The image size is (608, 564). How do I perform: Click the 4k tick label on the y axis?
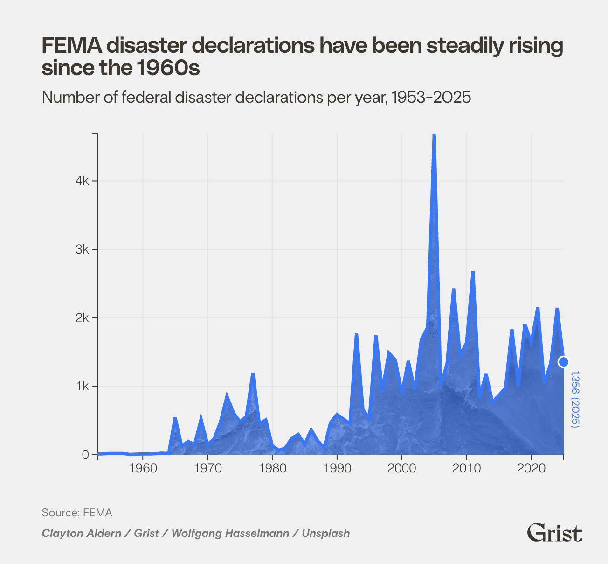click(x=82, y=181)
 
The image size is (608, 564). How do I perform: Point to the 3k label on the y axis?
click(x=82, y=249)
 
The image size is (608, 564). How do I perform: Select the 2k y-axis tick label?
click(x=82, y=318)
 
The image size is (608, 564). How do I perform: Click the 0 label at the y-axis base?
click(x=85, y=455)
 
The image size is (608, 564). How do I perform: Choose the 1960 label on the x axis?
click(x=143, y=468)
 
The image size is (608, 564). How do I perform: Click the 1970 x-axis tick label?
click(x=207, y=468)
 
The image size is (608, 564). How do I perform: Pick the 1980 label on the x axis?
click(x=272, y=468)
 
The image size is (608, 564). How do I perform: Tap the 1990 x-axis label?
click(x=337, y=468)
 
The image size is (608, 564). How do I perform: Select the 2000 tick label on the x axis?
click(x=401, y=468)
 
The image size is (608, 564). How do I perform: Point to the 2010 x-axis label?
click(x=466, y=468)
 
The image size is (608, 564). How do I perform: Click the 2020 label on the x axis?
click(x=531, y=468)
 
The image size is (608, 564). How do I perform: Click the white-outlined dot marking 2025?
click(x=564, y=362)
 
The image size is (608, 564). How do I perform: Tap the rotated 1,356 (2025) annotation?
click(x=575, y=399)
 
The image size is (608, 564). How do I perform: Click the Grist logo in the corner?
click(x=554, y=533)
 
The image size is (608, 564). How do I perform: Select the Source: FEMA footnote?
click(x=77, y=513)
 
